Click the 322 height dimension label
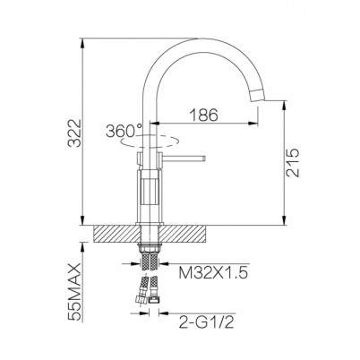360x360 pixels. click(x=73, y=133)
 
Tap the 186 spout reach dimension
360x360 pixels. click(x=204, y=115)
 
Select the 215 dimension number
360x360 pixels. click(x=292, y=162)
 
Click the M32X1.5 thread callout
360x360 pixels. click(x=213, y=272)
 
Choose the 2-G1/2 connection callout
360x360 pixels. click(x=206, y=321)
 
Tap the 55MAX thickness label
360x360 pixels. click(x=74, y=292)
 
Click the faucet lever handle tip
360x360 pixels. click(x=204, y=158)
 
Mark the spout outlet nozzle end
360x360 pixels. click(x=260, y=96)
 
